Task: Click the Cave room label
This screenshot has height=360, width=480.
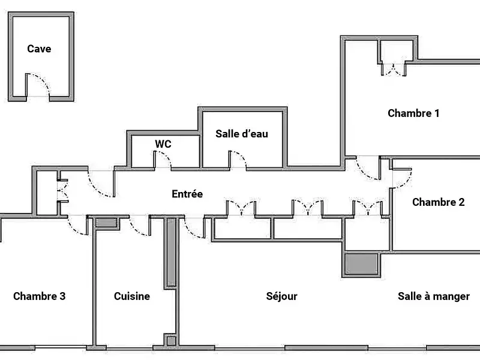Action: [x=39, y=49]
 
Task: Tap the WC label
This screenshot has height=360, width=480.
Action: [x=163, y=144]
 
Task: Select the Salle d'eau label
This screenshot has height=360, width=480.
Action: [x=242, y=134]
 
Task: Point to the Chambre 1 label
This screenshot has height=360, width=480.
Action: [x=414, y=113]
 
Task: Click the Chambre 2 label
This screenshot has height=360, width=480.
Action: [x=438, y=202]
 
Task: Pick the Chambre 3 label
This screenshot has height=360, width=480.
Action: [x=39, y=296]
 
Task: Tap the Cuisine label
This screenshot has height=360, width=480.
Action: [x=132, y=296]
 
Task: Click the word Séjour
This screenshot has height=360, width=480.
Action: [x=282, y=296]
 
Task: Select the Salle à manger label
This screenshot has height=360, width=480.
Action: [x=434, y=296]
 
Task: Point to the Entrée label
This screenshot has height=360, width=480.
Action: [x=187, y=194]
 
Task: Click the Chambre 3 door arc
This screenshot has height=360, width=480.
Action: [x=78, y=226]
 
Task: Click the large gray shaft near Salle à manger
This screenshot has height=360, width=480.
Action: [x=361, y=263]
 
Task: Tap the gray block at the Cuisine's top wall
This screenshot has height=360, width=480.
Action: [x=107, y=223]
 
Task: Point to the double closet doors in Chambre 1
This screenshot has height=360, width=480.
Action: [x=393, y=69]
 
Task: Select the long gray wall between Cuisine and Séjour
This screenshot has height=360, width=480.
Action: [x=171, y=252]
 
